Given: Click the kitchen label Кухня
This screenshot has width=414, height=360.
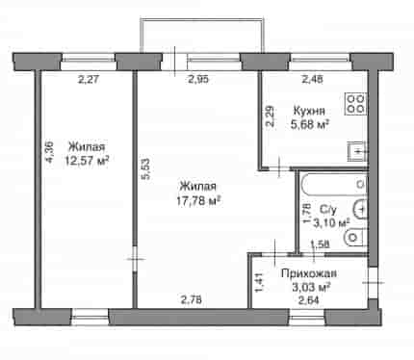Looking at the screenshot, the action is point(309,111).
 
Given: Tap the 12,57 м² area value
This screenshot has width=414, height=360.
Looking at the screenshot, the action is point(87,161).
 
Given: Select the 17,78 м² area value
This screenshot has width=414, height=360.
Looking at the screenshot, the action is point(198,201).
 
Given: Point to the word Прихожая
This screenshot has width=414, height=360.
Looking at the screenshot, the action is point(309,273).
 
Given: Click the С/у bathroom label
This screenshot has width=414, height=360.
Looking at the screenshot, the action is point(328,210).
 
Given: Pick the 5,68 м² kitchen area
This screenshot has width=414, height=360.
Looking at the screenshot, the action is point(310,124).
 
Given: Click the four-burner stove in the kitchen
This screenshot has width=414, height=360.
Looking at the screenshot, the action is point(355,104).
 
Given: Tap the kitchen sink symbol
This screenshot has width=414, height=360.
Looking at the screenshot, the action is point(356,151).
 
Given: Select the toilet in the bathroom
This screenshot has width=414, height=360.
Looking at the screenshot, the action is point(355,238).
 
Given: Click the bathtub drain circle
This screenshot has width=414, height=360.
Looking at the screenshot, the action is point(361,185).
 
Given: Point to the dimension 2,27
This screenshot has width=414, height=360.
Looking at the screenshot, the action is point(88,79).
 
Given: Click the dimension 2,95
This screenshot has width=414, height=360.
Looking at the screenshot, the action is point(198,79).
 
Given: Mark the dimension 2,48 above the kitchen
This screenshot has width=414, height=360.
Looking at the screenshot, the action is point(313,79).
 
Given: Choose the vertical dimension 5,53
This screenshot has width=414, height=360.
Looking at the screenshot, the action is point(146,168).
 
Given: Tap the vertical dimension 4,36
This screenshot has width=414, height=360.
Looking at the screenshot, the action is point(50,151).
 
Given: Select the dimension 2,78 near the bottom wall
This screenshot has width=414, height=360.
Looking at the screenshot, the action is point(192,300).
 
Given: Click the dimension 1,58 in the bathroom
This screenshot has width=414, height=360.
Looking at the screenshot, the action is point(320,244).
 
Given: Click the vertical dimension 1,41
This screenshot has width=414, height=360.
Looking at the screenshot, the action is point(259,283).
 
